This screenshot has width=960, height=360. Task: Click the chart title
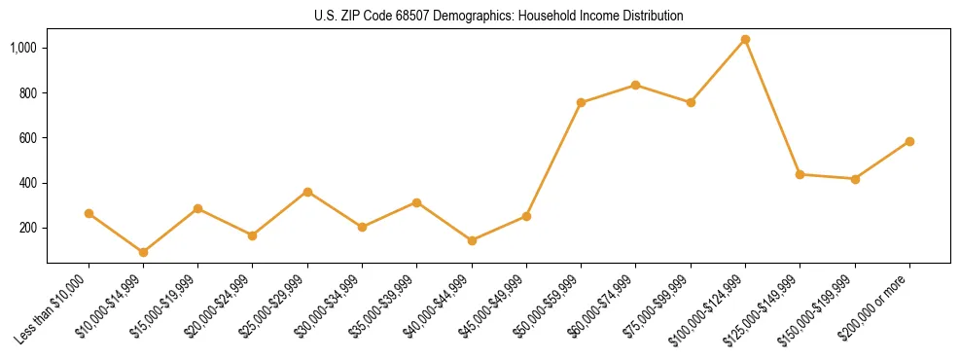pyautogui.click(x=498, y=16)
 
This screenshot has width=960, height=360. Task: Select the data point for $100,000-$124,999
pyautogui.click(x=745, y=40)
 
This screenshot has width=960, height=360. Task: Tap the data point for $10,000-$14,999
pyautogui.click(x=144, y=252)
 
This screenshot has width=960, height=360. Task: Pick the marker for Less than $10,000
pyautogui.click(x=89, y=213)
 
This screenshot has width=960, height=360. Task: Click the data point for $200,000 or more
pyautogui.click(x=909, y=141)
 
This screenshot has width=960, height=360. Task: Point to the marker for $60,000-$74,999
pyautogui.click(x=636, y=85)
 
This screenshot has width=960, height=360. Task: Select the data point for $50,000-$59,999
pyautogui.click(x=581, y=102)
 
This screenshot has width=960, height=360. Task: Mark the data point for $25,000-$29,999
pyautogui.click(x=307, y=192)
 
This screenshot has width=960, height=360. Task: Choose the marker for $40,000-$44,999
pyautogui.click(x=472, y=240)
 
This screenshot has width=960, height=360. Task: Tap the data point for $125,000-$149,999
pyautogui.click(x=800, y=174)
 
